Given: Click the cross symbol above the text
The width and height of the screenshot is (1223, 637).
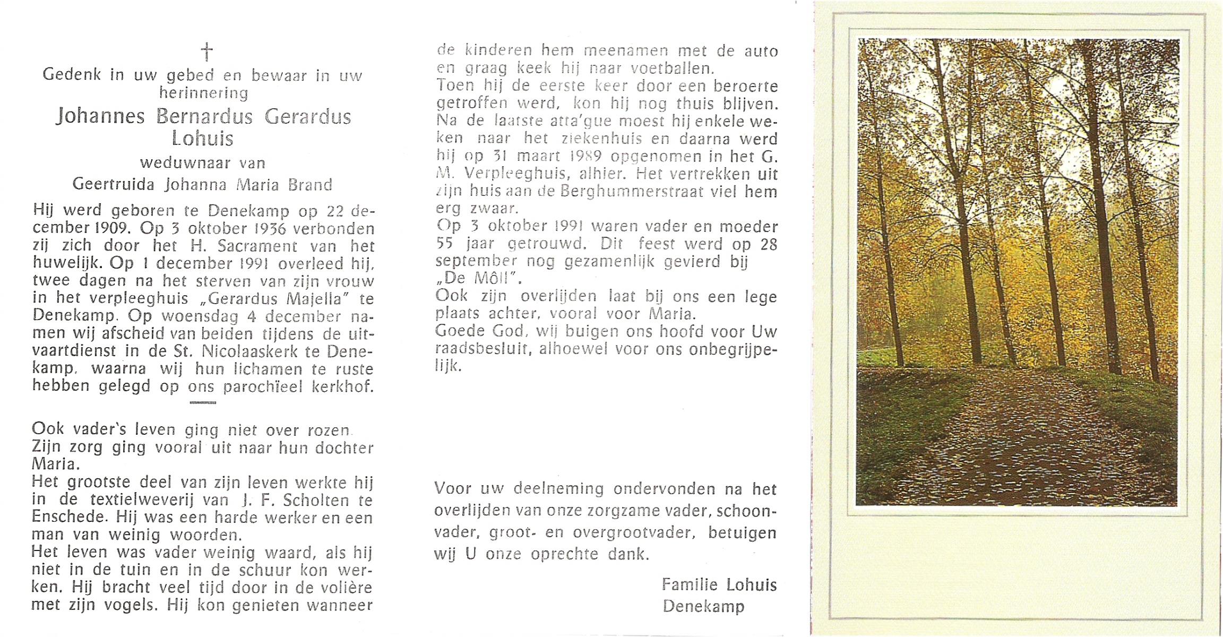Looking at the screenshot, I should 206,52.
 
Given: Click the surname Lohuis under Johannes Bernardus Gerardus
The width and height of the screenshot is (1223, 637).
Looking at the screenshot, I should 202,139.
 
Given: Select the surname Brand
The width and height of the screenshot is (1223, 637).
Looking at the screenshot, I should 311,185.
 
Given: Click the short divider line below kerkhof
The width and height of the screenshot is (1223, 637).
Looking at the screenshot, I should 203,402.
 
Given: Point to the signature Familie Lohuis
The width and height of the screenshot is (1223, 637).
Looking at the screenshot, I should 719,585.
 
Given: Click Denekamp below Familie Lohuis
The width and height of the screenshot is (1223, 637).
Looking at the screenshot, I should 703,606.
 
